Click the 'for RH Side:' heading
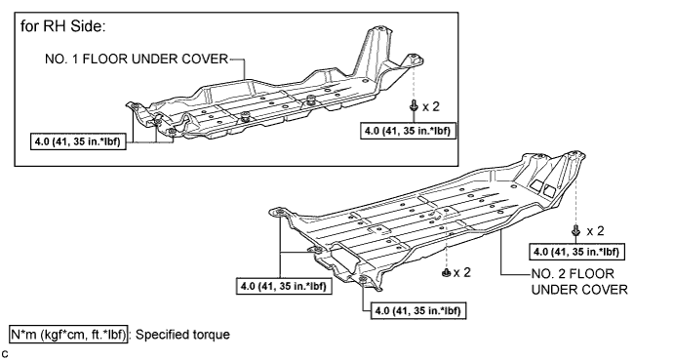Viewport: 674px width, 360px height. coord(62,26)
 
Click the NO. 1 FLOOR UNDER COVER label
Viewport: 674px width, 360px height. coord(137,59)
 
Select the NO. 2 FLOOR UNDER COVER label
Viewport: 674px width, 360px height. coord(579,282)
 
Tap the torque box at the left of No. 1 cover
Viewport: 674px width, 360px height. coord(78,141)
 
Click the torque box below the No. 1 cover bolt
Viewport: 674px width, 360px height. coord(408,131)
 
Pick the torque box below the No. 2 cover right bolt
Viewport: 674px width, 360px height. coord(576,252)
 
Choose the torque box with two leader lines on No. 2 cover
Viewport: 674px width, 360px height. coord(284,286)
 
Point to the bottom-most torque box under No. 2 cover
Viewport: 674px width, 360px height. coord(418,310)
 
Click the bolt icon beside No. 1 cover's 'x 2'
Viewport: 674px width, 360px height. coord(414,105)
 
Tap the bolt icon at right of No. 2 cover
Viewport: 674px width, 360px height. coord(575,230)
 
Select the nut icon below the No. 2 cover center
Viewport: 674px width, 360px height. coord(446,272)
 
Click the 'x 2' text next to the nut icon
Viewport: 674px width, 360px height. coord(462,272)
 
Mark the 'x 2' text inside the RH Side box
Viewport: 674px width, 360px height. coord(431,106)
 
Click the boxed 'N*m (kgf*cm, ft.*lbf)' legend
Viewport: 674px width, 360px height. coord(69,335)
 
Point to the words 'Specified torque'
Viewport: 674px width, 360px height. coord(182,335)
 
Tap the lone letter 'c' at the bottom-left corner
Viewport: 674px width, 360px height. coord(5,354)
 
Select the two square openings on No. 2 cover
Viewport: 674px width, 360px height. coord(543,187)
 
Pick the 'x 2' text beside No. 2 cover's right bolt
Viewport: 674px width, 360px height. coord(595,231)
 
